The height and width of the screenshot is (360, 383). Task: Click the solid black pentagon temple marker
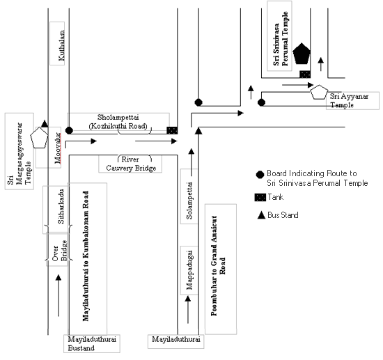(302, 54)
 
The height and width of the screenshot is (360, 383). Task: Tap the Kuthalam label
(61, 45)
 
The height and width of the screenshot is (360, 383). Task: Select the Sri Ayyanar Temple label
(349, 101)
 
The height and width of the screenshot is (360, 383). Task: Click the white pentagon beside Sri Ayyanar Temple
(319, 92)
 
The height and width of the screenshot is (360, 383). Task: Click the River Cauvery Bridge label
(131, 164)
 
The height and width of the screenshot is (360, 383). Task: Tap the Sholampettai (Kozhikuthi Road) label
(118, 121)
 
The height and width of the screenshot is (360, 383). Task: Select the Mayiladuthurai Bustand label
(92, 343)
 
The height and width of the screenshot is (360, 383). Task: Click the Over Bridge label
(60, 251)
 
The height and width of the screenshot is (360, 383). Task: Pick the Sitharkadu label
(61, 206)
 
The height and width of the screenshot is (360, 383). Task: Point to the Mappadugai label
(189, 270)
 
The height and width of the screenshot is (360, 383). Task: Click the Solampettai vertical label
(189, 201)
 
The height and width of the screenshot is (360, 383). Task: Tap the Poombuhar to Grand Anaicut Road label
(218, 266)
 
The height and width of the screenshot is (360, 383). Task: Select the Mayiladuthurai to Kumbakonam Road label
(85, 256)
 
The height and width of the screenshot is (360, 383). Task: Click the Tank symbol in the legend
(260, 197)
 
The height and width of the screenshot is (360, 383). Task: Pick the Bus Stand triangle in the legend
(261, 215)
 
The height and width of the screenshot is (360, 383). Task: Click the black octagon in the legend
(260, 175)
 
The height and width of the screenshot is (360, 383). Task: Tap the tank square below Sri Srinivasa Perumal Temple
(305, 75)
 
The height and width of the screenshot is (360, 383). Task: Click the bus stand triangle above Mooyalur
(45, 123)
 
